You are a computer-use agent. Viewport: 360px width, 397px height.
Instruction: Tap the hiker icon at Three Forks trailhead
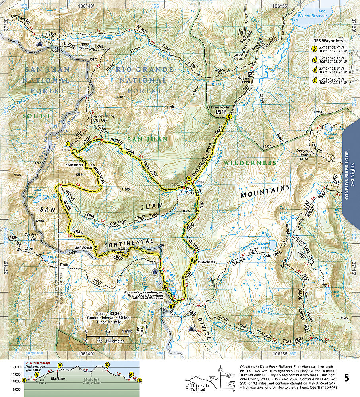pyautogui.click(x=229, y=117)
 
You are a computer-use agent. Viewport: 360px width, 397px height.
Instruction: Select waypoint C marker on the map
pyautogui.click(x=68, y=144)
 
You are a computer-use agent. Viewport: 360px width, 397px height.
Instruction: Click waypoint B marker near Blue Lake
pyautogui.click(x=171, y=306)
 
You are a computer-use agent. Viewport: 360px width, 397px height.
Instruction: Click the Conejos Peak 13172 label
pyautogui.click(x=302, y=154)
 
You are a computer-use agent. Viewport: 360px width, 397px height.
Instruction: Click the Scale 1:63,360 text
pyautogui.click(x=104, y=314)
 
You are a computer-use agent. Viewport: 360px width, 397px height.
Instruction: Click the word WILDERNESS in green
pyautogui.click(x=249, y=163)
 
